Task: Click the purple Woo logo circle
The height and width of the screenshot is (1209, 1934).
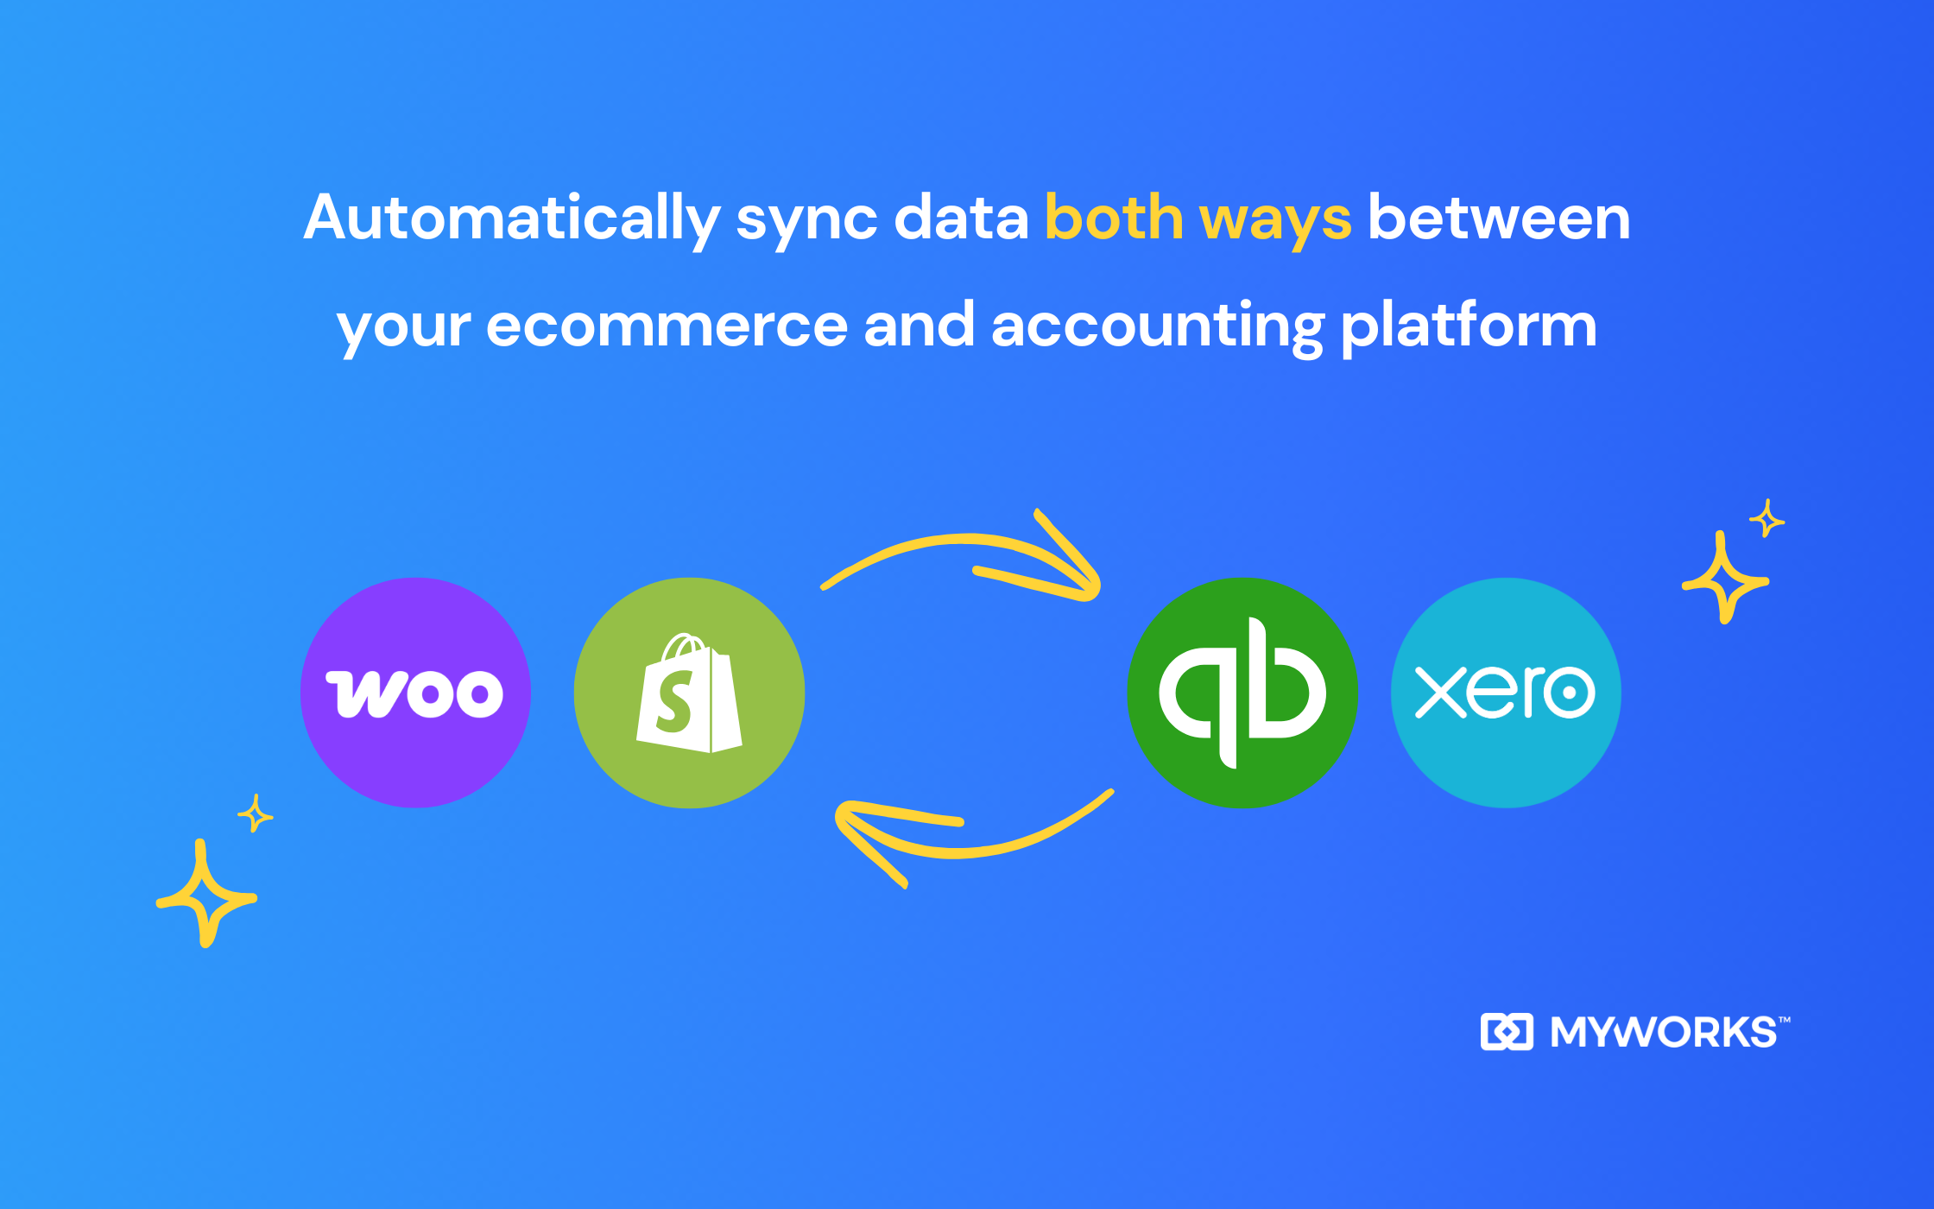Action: point(415,693)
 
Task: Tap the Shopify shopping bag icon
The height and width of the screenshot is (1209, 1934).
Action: point(689,693)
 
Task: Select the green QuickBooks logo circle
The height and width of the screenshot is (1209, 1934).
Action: point(1242,693)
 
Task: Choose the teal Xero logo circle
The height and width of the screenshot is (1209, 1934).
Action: point(1506,693)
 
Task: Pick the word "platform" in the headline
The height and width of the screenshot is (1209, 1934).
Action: point(1469,326)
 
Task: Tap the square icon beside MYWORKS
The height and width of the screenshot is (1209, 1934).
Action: point(1507,1032)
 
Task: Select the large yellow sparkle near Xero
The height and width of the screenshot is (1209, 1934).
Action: point(1725,578)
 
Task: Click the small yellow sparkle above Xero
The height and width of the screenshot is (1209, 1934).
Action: point(1767,518)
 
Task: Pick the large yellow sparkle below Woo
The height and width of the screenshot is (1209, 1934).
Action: point(205,894)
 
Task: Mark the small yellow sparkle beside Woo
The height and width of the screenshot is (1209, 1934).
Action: point(255,813)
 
